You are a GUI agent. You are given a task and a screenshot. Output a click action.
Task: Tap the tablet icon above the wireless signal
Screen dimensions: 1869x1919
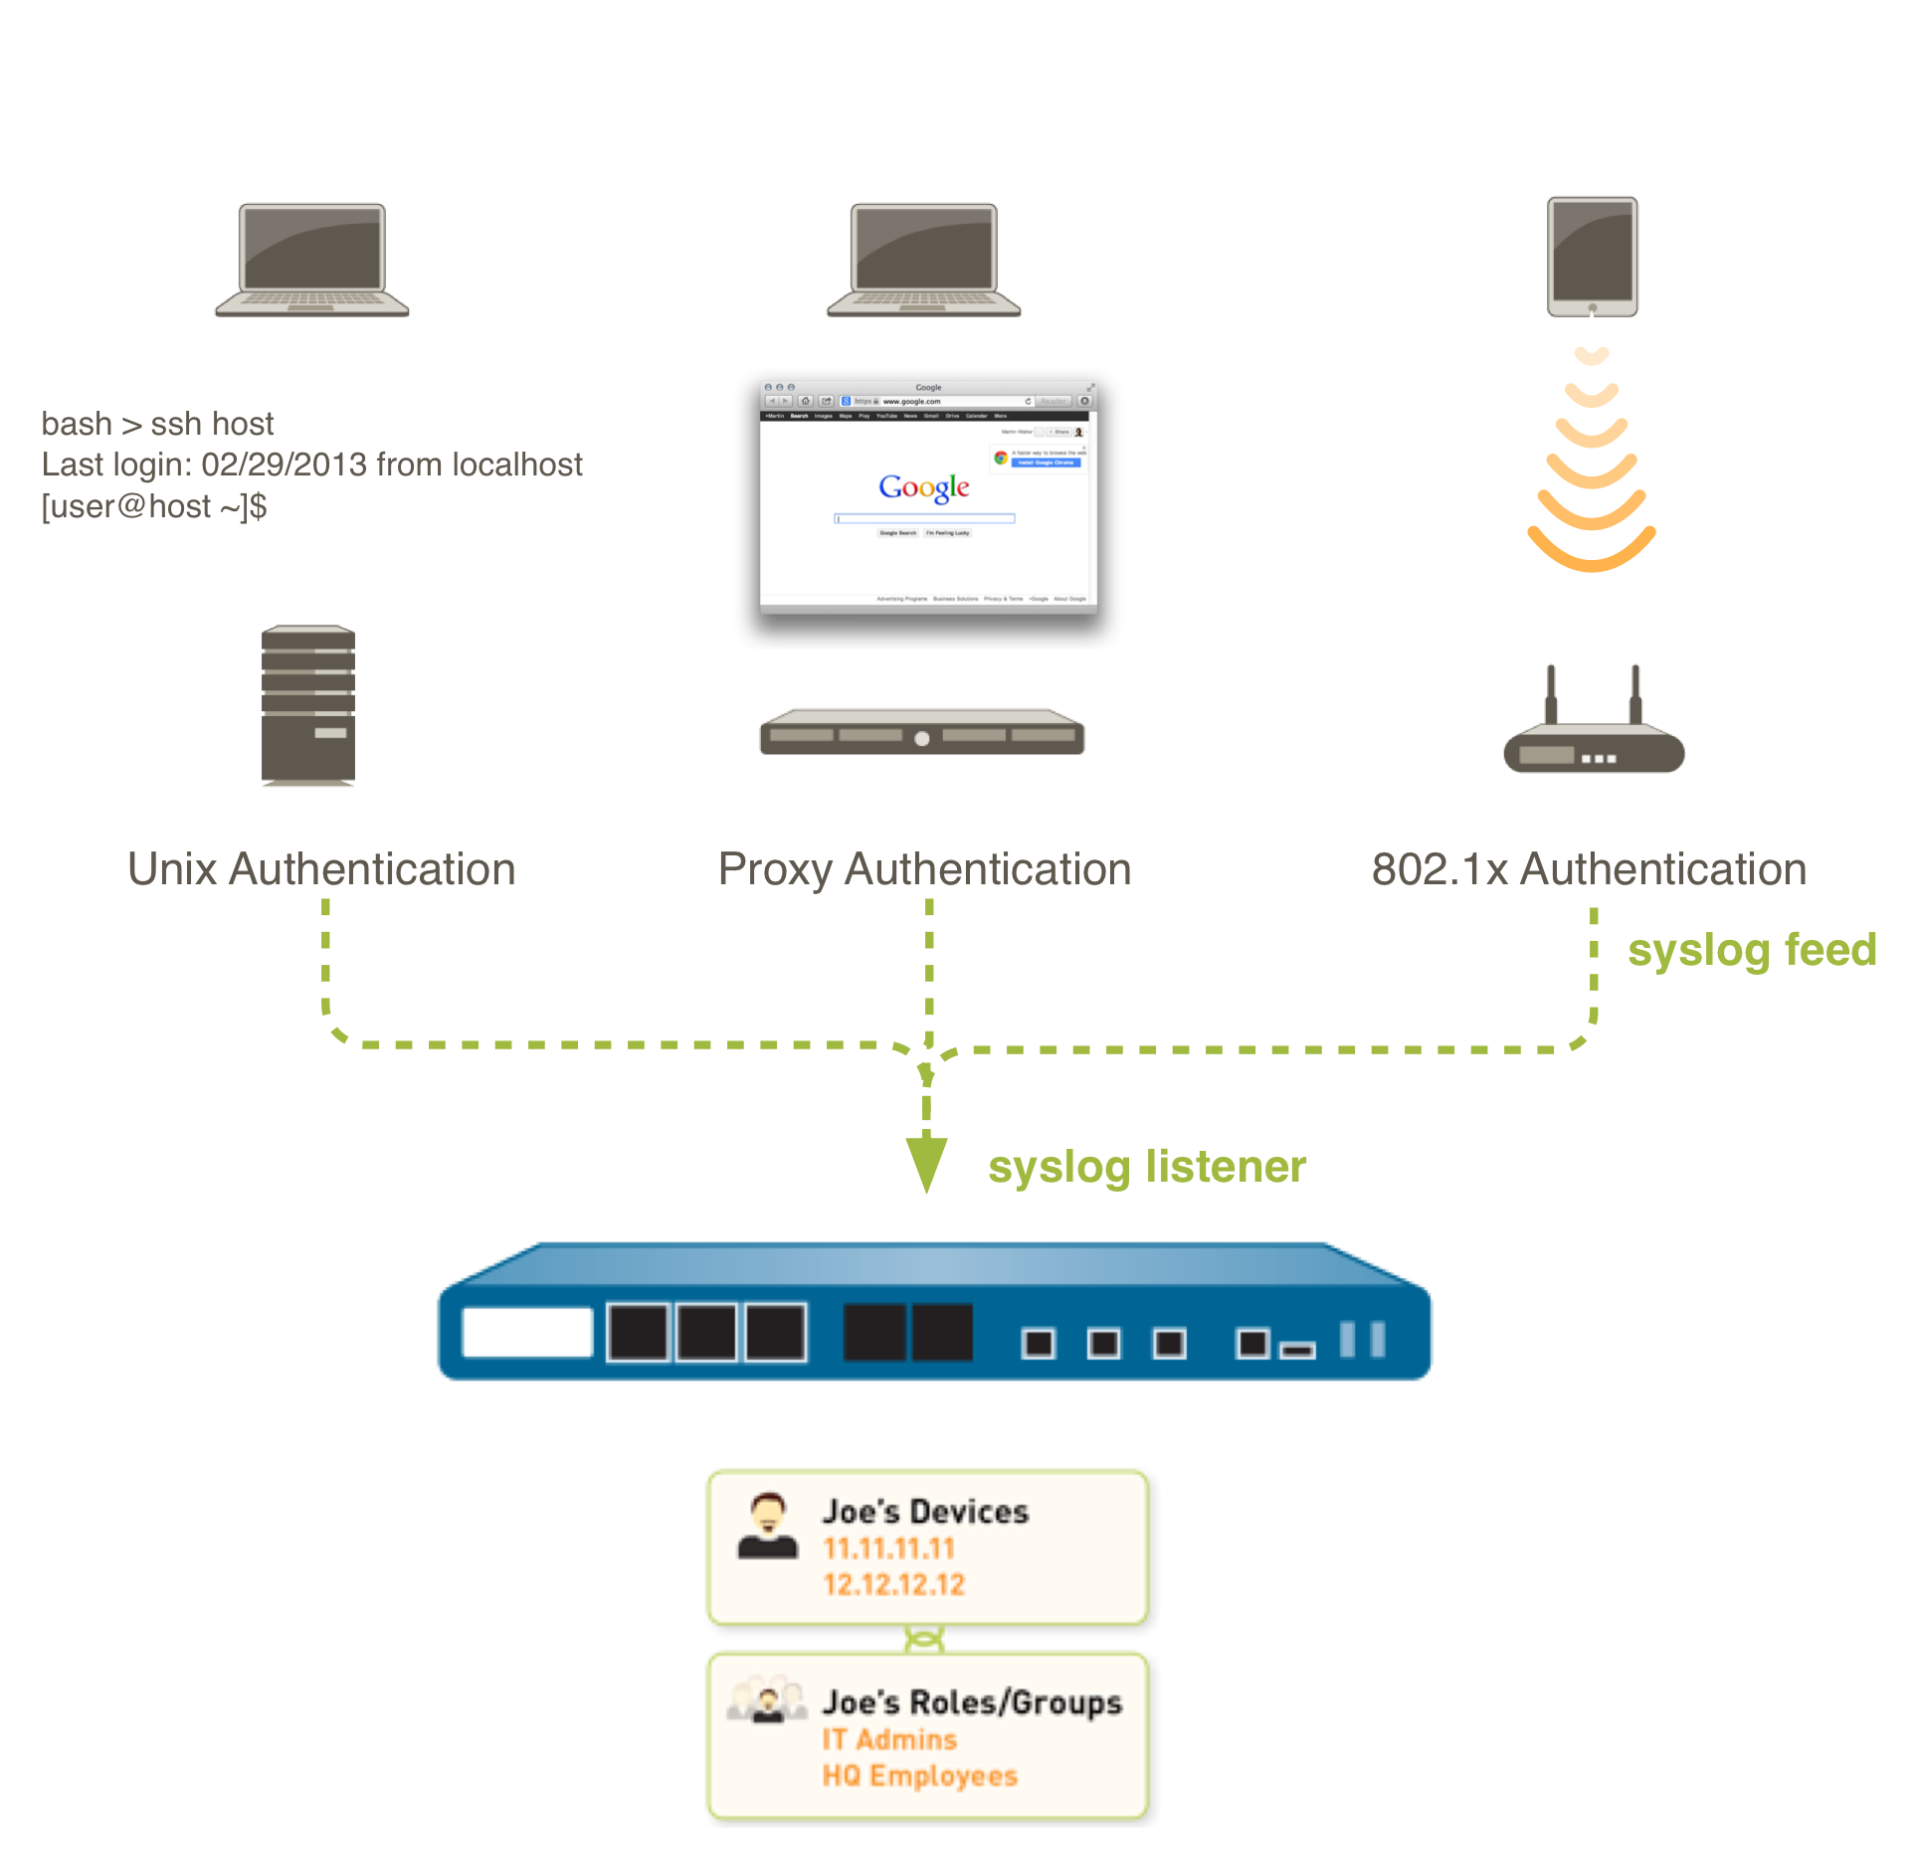[1592, 256]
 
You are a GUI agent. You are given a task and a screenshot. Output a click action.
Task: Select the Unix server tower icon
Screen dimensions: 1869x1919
[308, 705]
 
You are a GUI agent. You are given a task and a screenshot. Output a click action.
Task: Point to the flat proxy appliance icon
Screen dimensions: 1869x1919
[921, 732]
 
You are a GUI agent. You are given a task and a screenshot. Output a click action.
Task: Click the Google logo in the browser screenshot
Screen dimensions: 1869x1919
[923, 487]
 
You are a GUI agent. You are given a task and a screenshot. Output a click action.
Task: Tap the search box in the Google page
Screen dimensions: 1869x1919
[924, 518]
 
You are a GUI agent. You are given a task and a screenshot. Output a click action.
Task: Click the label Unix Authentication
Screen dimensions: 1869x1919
[321, 869]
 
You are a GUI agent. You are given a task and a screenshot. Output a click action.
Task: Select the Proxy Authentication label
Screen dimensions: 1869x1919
[924, 869]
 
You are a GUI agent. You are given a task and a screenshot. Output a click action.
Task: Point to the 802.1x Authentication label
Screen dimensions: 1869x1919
[1589, 869]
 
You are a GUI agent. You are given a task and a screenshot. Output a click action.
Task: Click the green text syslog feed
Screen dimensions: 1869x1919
[1752, 950]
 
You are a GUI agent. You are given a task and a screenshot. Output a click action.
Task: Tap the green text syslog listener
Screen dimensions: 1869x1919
[1146, 1167]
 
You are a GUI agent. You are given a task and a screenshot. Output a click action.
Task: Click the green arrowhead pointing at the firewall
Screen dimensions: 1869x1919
[926, 1163]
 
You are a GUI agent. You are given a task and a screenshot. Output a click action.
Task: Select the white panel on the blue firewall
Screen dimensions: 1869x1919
[527, 1332]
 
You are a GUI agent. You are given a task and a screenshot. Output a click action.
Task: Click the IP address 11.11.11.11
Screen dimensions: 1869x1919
[888, 1549]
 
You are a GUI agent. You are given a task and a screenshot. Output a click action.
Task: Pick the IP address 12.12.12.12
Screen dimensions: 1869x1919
[893, 1585]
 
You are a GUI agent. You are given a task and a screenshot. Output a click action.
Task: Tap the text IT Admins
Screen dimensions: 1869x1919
[889, 1740]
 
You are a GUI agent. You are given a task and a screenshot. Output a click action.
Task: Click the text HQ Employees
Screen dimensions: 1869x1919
[919, 1776]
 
